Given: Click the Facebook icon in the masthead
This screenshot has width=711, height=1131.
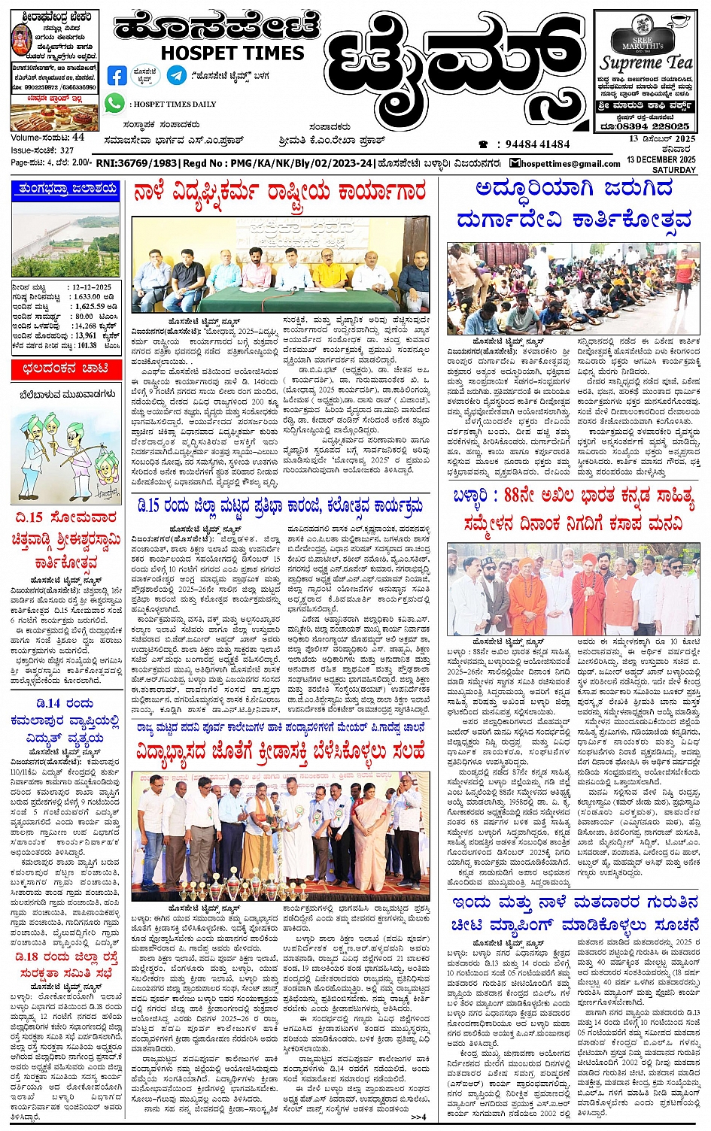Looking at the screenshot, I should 117,75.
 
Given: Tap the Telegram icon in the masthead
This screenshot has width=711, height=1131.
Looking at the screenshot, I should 177,75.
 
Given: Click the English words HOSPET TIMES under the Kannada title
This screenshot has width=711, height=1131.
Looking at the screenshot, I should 232,53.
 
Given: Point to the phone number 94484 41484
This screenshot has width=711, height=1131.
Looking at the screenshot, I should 537,144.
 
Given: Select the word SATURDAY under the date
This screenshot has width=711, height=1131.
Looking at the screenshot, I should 674,170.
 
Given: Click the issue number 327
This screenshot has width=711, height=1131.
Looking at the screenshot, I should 67,150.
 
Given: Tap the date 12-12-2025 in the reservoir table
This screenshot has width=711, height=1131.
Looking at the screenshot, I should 92,287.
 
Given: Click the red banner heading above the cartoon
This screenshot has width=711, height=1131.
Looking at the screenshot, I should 65,368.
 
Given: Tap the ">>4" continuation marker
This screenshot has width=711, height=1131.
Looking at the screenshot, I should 418,1116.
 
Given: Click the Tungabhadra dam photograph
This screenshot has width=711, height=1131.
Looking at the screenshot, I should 65,238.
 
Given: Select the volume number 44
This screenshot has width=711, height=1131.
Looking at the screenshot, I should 79,138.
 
